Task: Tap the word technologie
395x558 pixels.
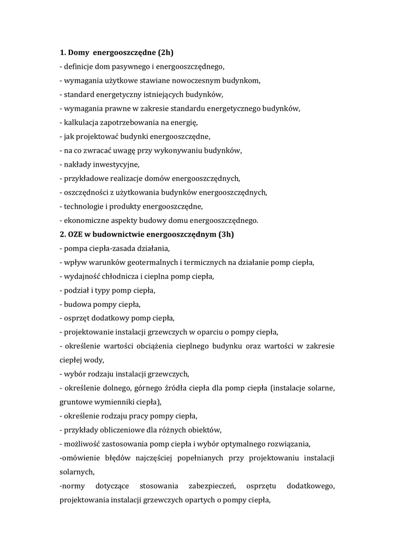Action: click(x=83, y=207)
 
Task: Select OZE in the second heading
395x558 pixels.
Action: click(x=76, y=234)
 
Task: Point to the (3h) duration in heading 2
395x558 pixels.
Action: click(x=225, y=234)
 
